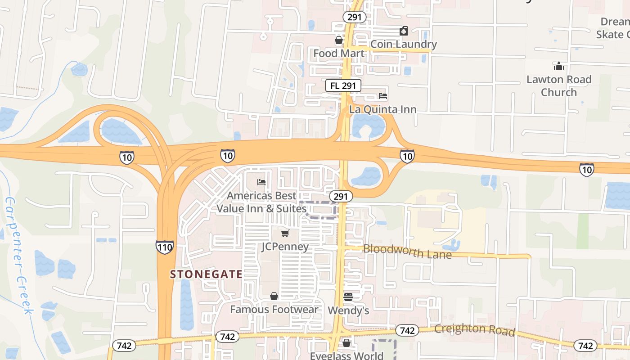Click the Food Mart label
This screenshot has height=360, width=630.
[338, 53]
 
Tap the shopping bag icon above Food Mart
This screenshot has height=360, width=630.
[339, 40]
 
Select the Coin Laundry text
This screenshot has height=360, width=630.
[403, 44]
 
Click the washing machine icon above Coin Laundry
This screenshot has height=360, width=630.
[404, 31]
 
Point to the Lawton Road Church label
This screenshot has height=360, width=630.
[559, 85]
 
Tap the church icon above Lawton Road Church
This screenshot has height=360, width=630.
[559, 67]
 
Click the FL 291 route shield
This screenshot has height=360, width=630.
[343, 85]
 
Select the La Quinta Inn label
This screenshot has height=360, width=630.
[383, 109]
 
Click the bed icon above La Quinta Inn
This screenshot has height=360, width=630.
[383, 96]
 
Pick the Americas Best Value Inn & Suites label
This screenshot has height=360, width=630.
[261, 202]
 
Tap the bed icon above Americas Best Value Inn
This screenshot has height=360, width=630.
[261, 182]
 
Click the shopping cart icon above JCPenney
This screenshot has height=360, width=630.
[285, 233]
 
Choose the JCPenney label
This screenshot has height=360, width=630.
[285, 247]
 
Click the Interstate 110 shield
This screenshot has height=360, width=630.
[165, 247]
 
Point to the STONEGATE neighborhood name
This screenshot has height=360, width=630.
[206, 274]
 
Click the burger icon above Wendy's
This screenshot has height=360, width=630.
[348, 297]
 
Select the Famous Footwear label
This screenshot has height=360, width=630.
[274, 309]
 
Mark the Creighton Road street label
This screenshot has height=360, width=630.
[474, 329]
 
